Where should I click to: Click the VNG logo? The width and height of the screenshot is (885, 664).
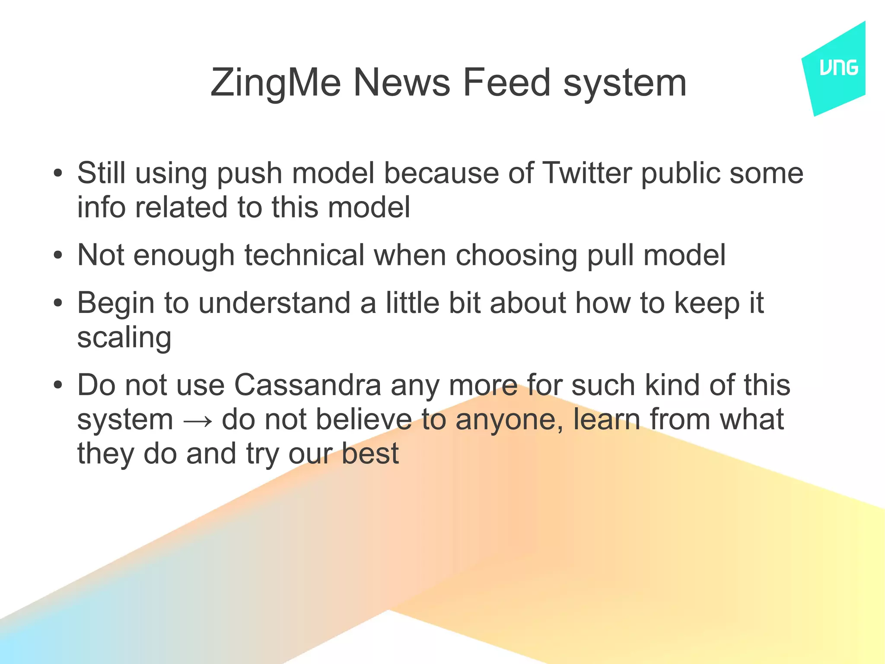(x=838, y=68)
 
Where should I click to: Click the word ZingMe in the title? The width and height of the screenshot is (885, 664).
(x=275, y=83)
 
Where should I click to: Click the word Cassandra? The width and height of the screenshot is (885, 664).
(x=308, y=385)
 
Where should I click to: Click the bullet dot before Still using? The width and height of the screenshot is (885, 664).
(x=58, y=174)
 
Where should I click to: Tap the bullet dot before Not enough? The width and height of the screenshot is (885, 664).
(x=58, y=255)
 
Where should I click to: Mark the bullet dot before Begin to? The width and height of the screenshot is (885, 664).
(x=58, y=303)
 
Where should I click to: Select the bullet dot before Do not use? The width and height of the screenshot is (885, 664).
(x=58, y=385)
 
